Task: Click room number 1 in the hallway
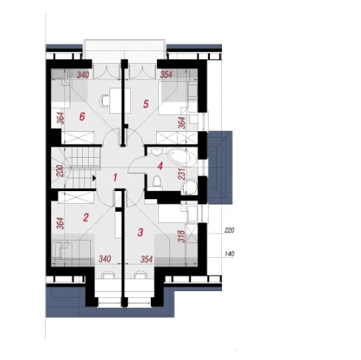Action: [115, 178]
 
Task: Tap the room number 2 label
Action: [86, 218]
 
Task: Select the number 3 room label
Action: [141, 232]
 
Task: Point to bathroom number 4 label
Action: [160, 166]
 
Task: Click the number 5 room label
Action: [146, 104]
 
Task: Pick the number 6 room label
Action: [82, 116]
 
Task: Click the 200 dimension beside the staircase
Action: [60, 171]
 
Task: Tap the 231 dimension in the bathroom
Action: [181, 174]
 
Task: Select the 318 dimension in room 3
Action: [181, 236]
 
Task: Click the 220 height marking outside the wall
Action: [229, 230]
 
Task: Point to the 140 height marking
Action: [229, 253]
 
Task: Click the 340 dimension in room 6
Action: [83, 75]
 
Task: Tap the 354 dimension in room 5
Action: [166, 74]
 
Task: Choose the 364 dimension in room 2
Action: [61, 223]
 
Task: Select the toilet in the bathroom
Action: [156, 183]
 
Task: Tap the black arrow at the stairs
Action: [94, 178]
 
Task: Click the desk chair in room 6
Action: [105, 101]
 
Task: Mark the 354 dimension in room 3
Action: [146, 259]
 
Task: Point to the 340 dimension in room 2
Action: [105, 259]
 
